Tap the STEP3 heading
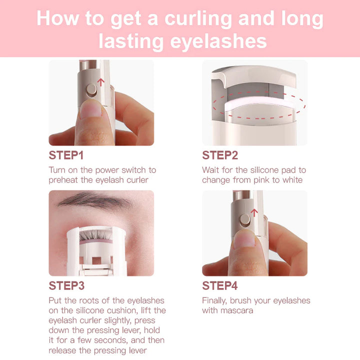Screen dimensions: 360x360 click(66, 286)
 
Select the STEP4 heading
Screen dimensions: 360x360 click(220, 286)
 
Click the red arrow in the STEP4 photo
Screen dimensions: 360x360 click(254, 212)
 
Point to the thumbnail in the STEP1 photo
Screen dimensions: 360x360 click(91, 109)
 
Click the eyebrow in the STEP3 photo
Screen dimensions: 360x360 click(95, 201)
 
